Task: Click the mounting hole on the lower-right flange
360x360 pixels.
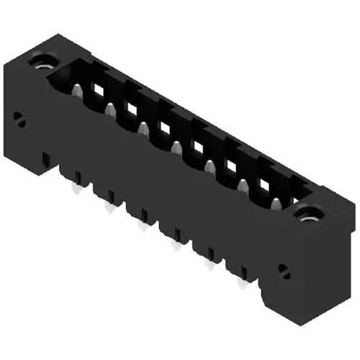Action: [x=310, y=213]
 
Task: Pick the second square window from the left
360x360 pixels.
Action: [x=131, y=110]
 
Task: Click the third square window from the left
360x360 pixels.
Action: [x=164, y=128]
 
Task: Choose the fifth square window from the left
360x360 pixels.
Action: [x=231, y=168]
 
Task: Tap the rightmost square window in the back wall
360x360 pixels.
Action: [x=264, y=186]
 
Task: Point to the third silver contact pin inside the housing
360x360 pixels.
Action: [x=143, y=130]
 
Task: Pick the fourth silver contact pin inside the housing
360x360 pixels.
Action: [x=176, y=149]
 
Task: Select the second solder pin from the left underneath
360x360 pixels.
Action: [x=109, y=208]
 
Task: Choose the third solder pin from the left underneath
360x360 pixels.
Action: [x=140, y=227]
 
